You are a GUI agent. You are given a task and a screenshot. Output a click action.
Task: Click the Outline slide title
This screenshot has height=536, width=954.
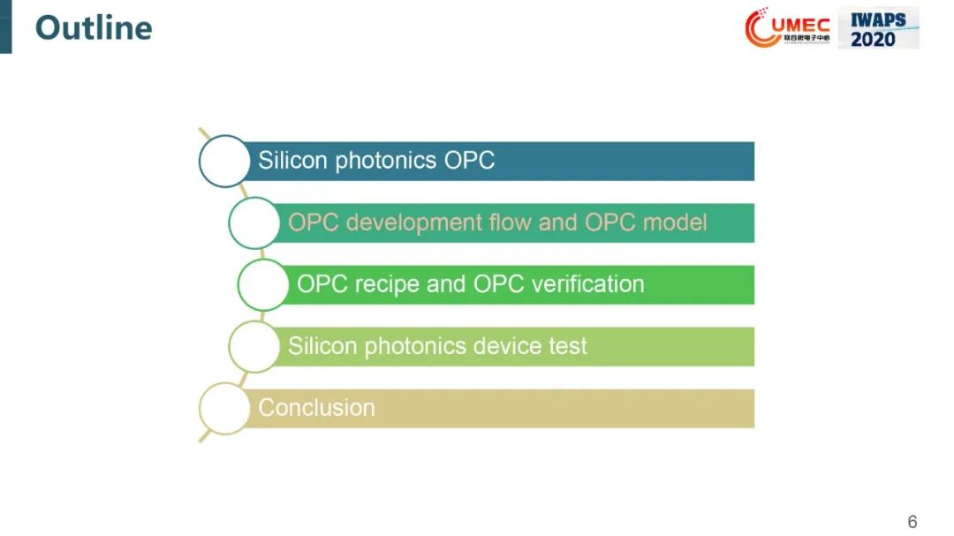coord(94,28)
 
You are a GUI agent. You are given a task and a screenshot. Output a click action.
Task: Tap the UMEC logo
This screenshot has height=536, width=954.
coord(788,27)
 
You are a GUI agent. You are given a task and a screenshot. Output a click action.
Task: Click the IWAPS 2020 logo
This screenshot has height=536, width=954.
coord(878,28)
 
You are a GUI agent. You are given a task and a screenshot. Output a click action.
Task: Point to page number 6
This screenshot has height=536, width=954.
coord(912,521)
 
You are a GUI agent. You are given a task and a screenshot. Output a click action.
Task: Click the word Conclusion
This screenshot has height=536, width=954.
coord(316,408)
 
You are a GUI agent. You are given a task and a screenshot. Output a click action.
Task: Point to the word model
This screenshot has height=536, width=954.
coord(675,223)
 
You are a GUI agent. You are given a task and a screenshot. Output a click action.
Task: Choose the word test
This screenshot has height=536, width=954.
coord(568,346)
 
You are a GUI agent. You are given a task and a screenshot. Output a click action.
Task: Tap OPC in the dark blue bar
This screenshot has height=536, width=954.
coord(469,161)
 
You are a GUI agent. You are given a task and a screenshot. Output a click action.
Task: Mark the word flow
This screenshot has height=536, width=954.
coord(510,223)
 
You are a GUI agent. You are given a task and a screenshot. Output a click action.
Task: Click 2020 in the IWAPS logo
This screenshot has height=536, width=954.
coord(873,40)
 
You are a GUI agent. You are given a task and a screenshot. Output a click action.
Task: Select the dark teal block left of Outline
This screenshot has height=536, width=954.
coord(5,26)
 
